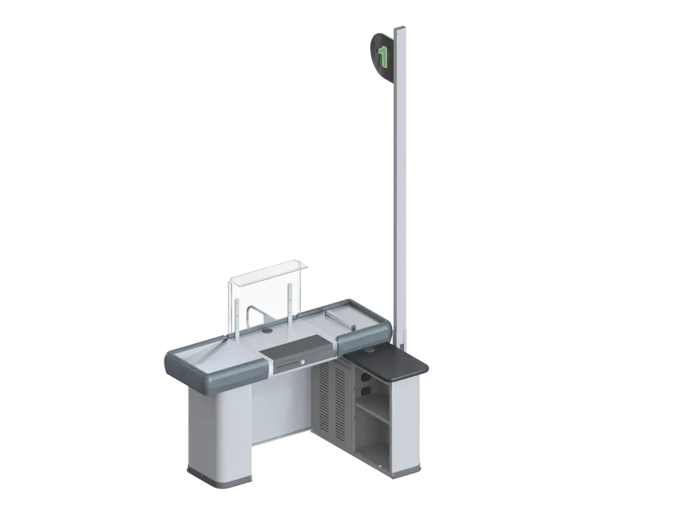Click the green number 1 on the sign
tap(382, 56)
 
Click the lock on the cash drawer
tap(302, 362)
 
